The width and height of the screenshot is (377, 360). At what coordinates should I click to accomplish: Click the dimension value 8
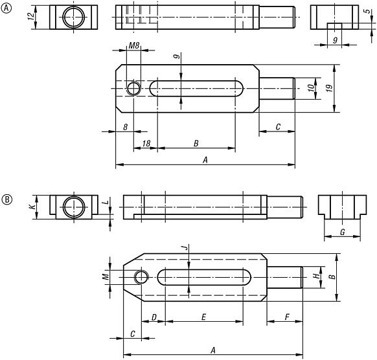pyautogui.click(x=124, y=126)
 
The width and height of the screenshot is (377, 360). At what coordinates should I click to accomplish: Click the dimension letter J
pyautogui.click(x=184, y=247)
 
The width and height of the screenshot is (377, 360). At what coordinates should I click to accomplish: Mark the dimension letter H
pyautogui.click(x=317, y=276)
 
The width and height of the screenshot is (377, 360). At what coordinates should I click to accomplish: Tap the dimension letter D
pyautogui.click(x=154, y=317)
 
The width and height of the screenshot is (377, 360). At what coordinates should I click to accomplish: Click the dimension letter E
pyautogui.click(x=203, y=317)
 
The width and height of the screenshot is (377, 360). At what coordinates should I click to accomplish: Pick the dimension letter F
pyautogui.click(x=286, y=317)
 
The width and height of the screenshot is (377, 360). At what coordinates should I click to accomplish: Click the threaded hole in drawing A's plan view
pyautogui.click(x=134, y=88)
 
